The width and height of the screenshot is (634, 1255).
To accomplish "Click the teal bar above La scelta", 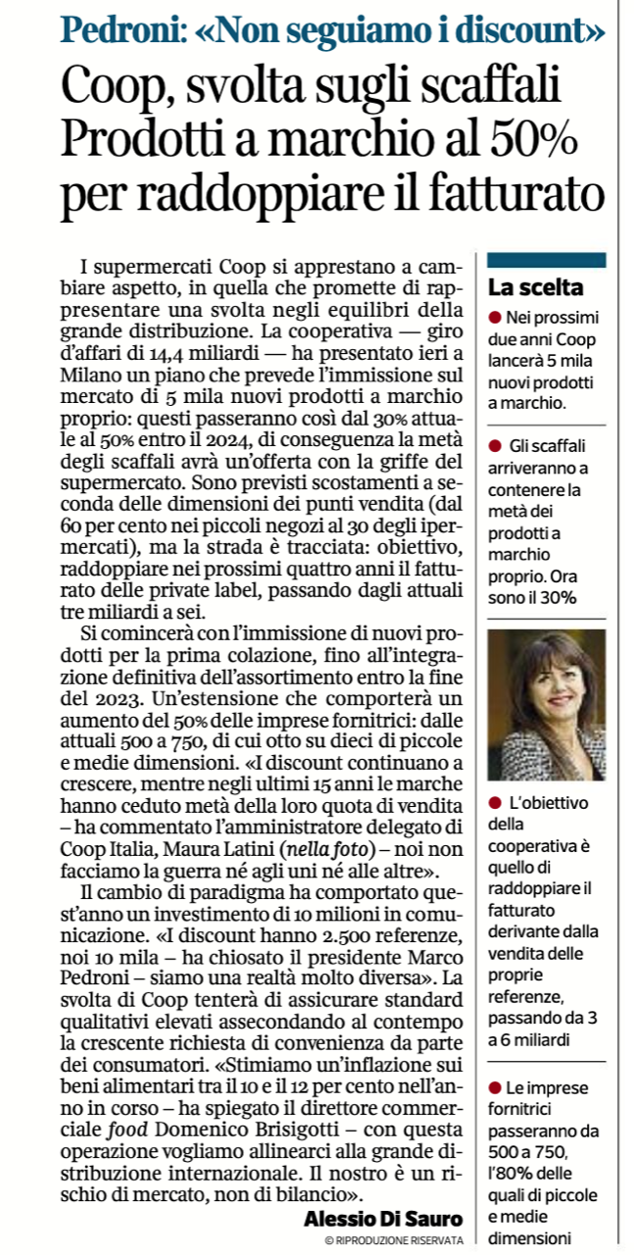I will [546, 260].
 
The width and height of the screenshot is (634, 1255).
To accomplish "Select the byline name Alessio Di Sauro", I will [382, 1219].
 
